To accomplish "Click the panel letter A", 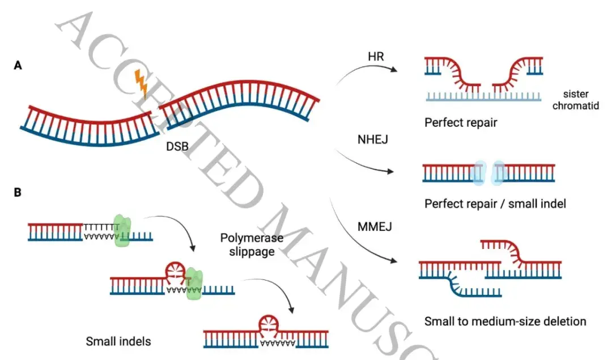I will [x=18, y=66].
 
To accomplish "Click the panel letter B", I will [x=18, y=192].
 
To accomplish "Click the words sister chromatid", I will [x=577, y=99].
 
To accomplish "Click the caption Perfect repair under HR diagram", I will [x=461, y=122].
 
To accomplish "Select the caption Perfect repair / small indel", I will [x=495, y=204].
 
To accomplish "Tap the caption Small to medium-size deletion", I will [x=505, y=321].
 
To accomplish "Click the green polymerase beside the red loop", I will [x=194, y=283].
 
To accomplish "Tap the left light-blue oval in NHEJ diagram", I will [x=479, y=172].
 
